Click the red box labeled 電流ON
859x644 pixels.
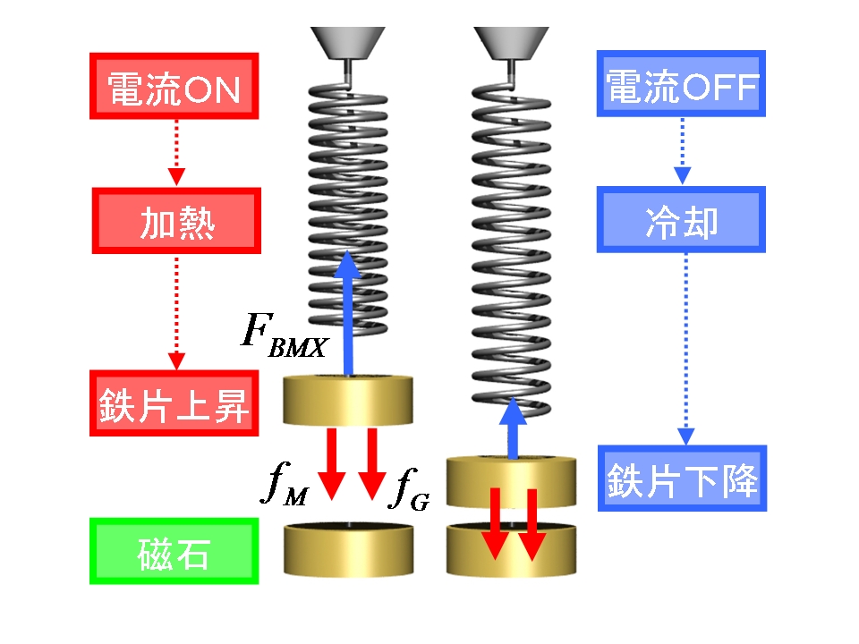coord(174,86)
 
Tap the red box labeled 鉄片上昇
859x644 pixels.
coord(174,404)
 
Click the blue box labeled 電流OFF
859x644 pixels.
coord(682,86)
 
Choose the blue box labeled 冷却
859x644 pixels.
coord(682,221)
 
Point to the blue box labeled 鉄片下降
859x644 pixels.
coord(682,479)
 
